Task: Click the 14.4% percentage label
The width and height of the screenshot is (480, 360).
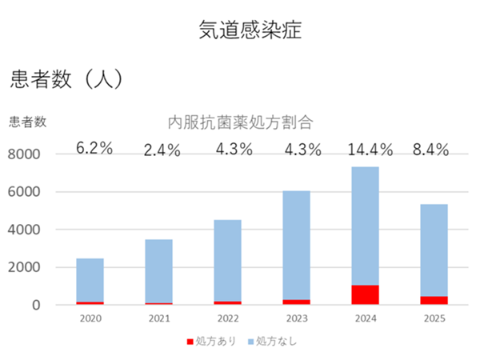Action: (366, 149)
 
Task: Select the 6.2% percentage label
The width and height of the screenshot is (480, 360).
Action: (94, 149)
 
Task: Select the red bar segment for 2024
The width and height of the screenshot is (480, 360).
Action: (365, 294)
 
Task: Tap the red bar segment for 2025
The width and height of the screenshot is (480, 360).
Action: (434, 300)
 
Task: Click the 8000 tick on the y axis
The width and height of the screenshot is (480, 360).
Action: (26, 154)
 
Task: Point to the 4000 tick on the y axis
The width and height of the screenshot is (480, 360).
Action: (26, 230)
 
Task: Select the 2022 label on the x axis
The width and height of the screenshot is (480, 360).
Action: (227, 318)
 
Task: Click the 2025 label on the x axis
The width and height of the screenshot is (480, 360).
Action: (434, 318)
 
